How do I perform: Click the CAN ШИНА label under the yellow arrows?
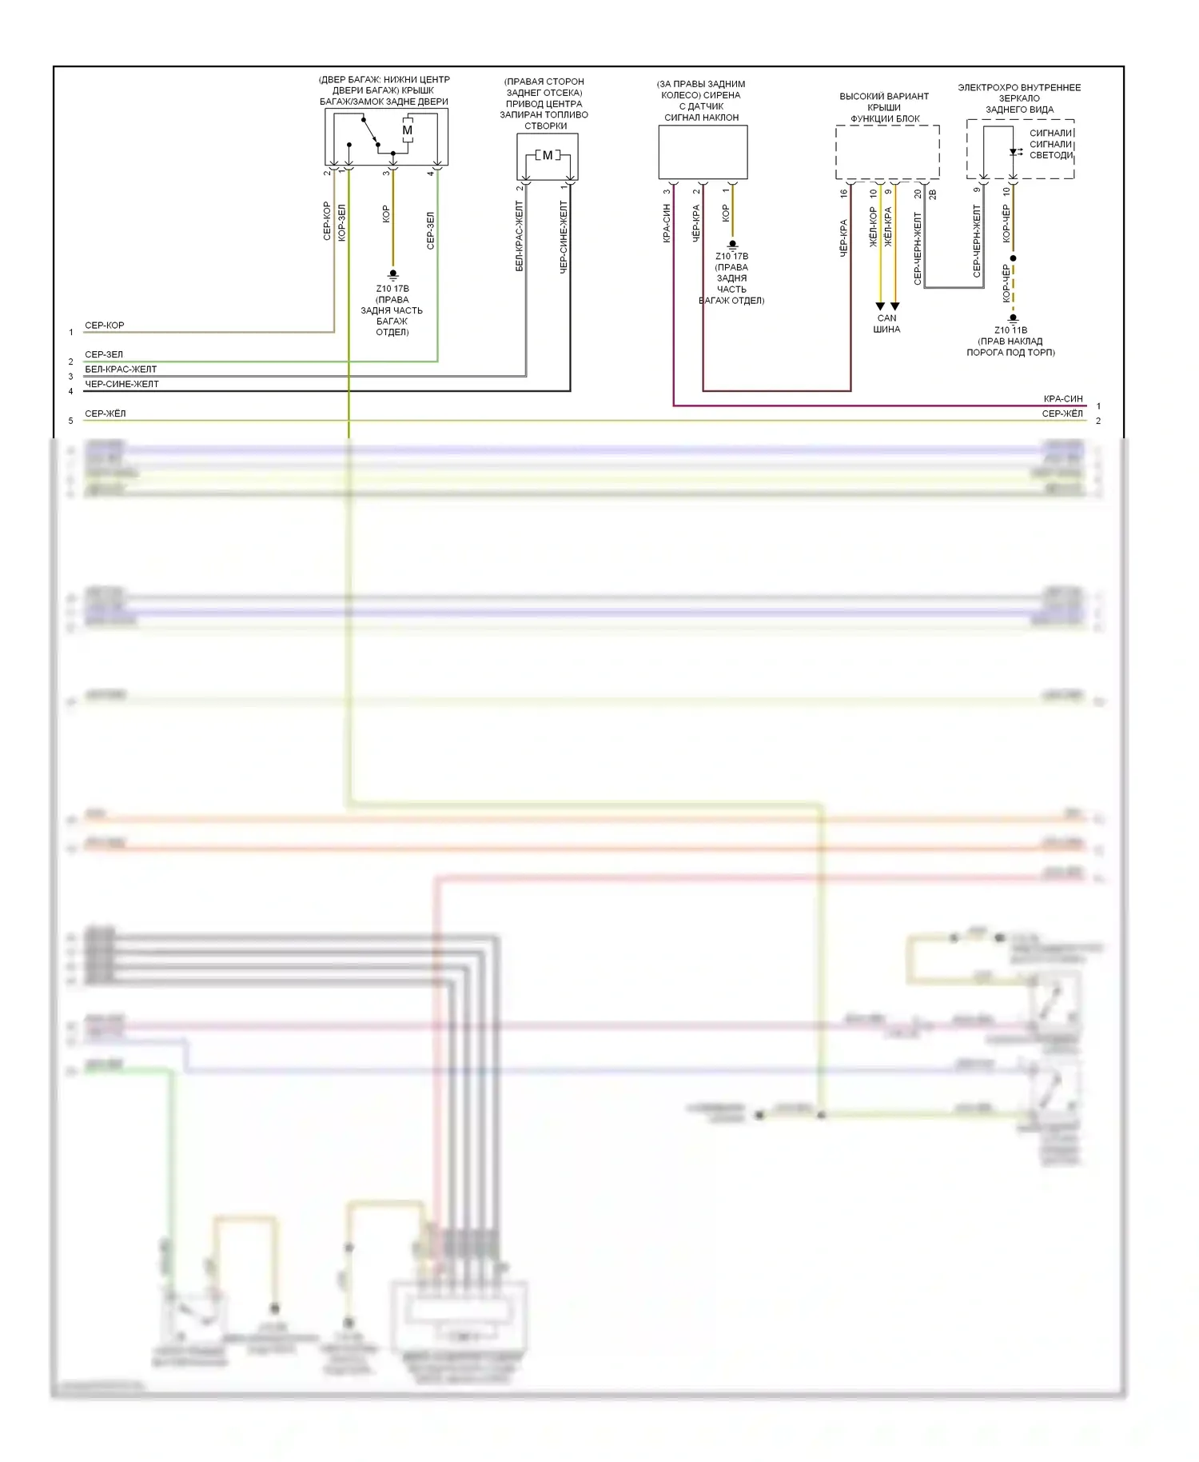tap(886, 324)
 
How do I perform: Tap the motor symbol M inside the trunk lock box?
tap(408, 130)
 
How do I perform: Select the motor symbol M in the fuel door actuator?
tap(548, 155)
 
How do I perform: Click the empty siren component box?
tap(703, 152)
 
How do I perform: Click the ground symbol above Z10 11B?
tap(1013, 318)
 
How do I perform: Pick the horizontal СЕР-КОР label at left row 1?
tap(105, 326)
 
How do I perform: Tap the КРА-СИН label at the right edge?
tap(1063, 399)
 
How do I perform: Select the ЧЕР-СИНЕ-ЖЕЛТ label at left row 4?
tap(121, 384)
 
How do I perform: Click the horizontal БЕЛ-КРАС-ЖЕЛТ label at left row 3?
tap(121, 369)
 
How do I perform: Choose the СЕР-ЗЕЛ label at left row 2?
tap(104, 354)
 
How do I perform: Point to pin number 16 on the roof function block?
tap(843, 193)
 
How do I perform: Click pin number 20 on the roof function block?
tap(918, 193)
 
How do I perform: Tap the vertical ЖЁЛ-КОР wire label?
tap(874, 227)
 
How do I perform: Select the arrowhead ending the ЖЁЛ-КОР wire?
tap(880, 306)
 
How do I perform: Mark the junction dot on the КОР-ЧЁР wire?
tap(1013, 258)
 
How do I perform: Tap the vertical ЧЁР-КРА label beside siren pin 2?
tap(696, 224)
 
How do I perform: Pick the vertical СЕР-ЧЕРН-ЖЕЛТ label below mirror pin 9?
tap(977, 241)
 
